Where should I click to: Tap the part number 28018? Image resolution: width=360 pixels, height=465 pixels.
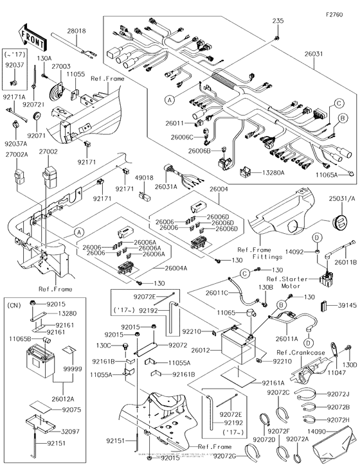coord(76,30)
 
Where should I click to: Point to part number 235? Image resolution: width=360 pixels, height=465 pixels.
coord(277,21)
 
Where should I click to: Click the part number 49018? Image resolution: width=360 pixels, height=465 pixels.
coord(144,177)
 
